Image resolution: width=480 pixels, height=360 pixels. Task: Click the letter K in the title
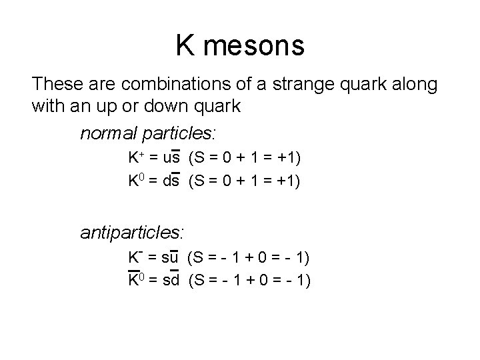coord(186,46)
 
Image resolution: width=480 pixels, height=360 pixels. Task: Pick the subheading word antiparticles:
coord(132,232)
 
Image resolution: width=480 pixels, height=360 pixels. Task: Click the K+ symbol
coord(135,158)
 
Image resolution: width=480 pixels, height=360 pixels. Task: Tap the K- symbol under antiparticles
coord(134,257)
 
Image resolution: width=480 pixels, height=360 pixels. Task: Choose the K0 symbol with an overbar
coord(135,280)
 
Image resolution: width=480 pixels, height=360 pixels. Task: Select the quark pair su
coord(170,257)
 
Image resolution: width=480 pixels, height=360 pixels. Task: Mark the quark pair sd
coord(171,280)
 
